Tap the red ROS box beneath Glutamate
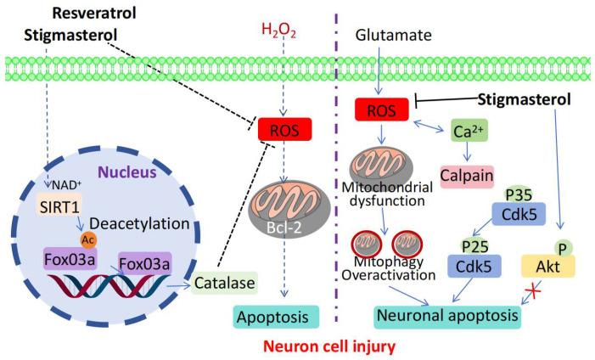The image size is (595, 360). click(383, 109)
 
